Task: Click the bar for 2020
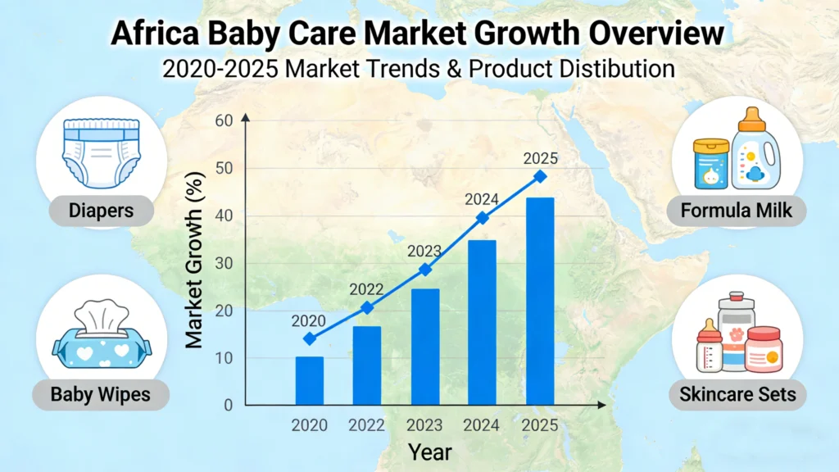click(309, 381)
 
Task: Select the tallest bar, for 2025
click(540, 302)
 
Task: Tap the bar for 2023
click(424, 347)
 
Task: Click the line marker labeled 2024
click(483, 218)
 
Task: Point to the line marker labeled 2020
click(309, 338)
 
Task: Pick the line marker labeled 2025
click(540, 176)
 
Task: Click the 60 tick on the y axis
click(224, 121)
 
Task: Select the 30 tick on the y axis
click(224, 264)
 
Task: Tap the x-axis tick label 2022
click(366, 425)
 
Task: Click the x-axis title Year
click(430, 452)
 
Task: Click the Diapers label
click(102, 211)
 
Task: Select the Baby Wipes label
click(101, 395)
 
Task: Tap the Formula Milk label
click(737, 211)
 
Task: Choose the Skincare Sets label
click(737, 395)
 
